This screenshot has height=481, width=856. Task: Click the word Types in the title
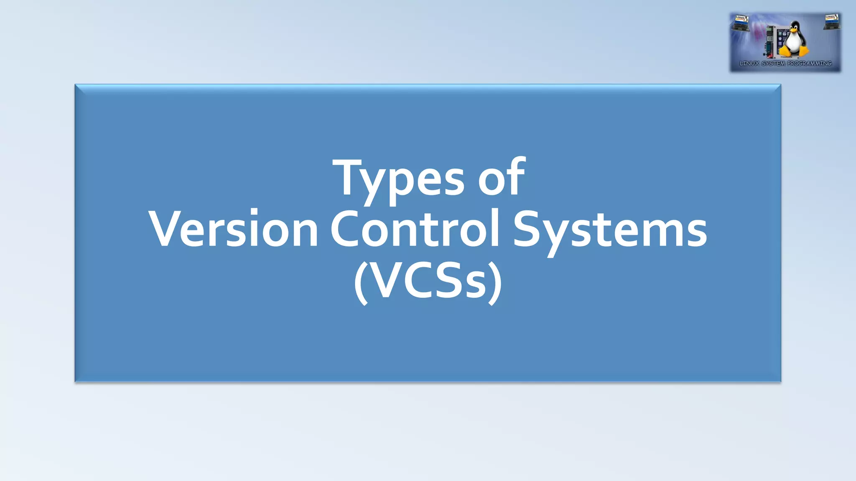pos(398,180)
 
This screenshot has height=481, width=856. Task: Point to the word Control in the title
pos(415,229)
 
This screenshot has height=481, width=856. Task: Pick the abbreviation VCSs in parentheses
pos(428,281)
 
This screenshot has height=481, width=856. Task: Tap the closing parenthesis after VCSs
pos(496,282)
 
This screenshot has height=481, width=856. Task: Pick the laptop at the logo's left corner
pos(741,23)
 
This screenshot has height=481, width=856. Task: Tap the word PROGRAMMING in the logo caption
pos(810,63)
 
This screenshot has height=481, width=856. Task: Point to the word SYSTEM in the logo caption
pos(773,63)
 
